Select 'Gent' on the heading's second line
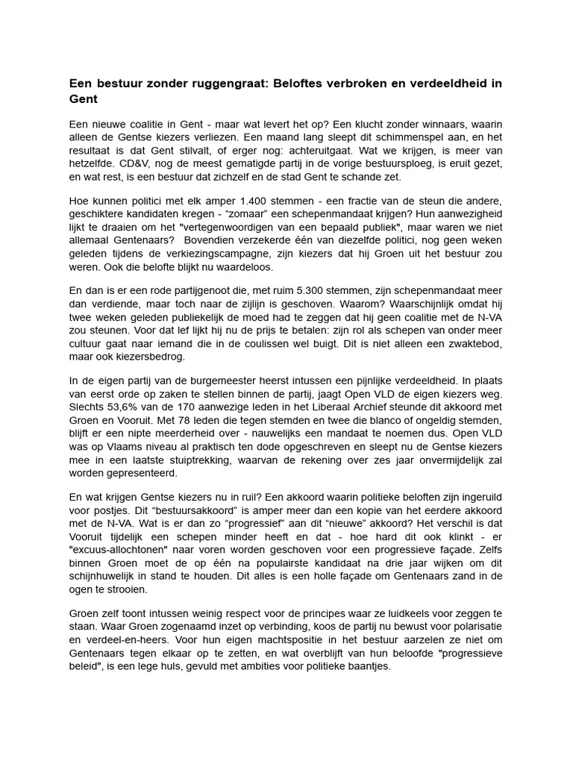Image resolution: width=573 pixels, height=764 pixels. [84, 98]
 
